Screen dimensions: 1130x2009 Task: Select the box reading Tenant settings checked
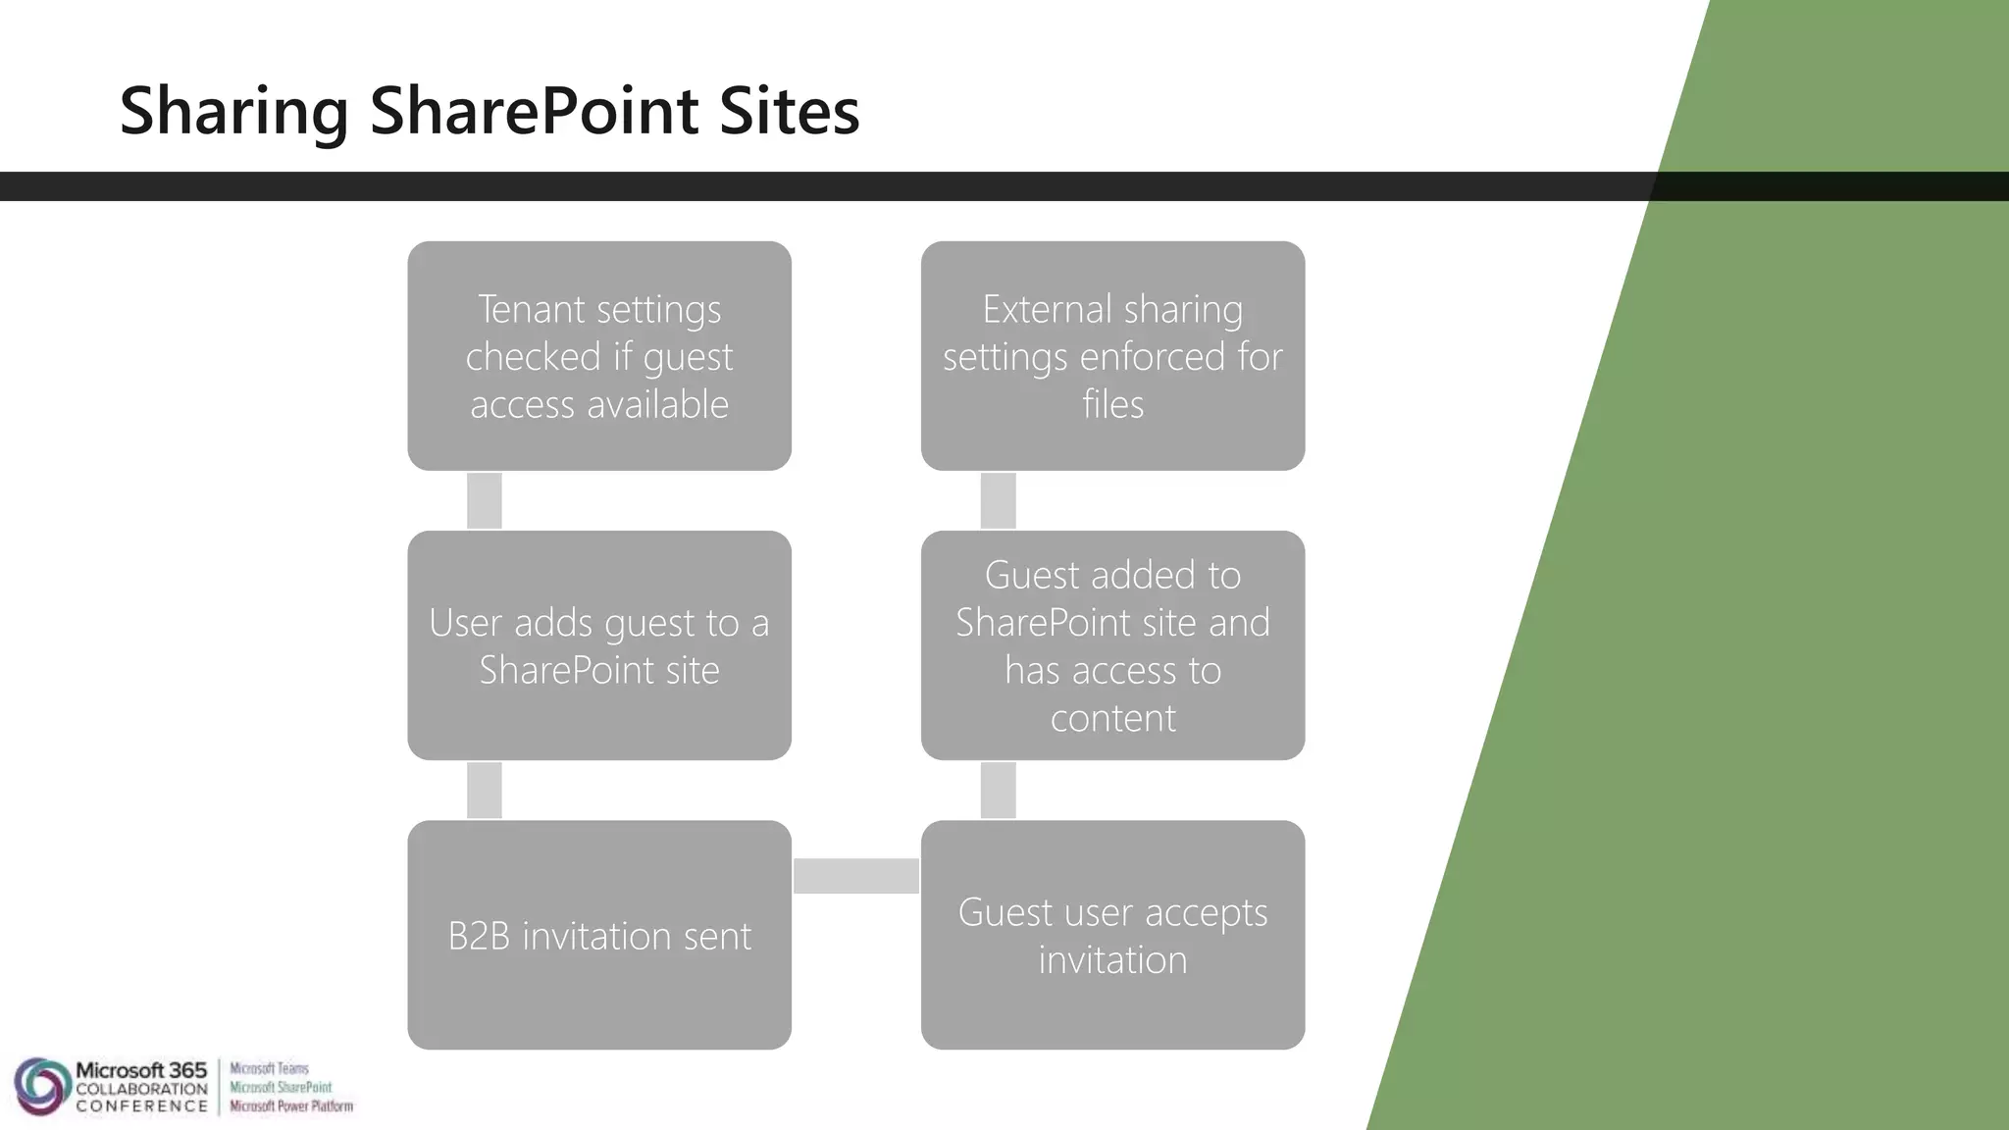(x=599, y=355)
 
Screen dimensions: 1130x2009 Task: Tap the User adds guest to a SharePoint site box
(x=599, y=645)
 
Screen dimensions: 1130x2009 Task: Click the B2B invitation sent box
(x=599, y=935)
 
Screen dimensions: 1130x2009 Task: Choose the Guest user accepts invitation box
(x=1112, y=935)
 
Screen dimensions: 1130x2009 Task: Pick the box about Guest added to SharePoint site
(x=1112, y=645)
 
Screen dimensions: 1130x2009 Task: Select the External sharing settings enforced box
(x=1112, y=355)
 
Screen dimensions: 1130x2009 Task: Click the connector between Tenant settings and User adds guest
(x=485, y=500)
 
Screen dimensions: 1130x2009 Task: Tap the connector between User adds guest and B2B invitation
(x=485, y=790)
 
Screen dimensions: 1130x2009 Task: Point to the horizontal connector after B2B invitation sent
(x=855, y=875)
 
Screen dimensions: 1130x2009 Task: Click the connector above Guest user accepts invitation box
(x=998, y=790)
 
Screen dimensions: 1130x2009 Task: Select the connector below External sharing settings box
(x=998, y=500)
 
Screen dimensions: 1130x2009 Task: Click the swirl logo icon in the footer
(x=40, y=1086)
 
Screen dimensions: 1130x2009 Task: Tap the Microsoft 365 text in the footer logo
(x=141, y=1070)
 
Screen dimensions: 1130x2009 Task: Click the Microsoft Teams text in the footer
(x=269, y=1068)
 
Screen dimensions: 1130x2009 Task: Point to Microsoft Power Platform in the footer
(x=290, y=1106)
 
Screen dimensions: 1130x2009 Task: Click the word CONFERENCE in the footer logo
(x=141, y=1106)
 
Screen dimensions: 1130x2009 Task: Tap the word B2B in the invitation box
(x=479, y=936)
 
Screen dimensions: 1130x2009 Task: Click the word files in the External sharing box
(x=1112, y=404)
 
